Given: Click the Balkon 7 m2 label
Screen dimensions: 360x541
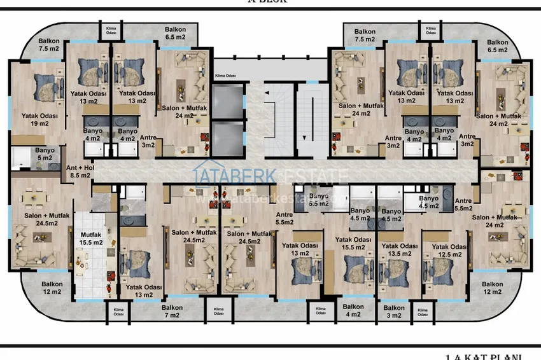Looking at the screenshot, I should click(x=172, y=311).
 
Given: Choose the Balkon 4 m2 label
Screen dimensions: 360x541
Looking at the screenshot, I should click(x=353, y=310).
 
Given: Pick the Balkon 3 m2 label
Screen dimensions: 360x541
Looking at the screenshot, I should click(x=394, y=311).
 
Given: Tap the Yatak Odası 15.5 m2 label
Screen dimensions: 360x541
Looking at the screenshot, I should click(x=353, y=244).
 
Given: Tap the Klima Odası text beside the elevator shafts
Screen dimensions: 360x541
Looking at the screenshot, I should click(x=226, y=75).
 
